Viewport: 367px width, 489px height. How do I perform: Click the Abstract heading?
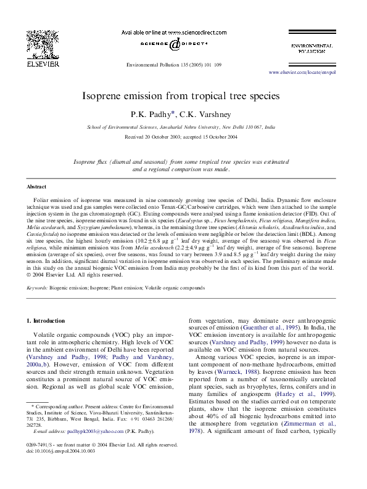pyautogui.click(x=36, y=186)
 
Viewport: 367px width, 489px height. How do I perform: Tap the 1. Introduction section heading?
pyautogui.click(x=48, y=321)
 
